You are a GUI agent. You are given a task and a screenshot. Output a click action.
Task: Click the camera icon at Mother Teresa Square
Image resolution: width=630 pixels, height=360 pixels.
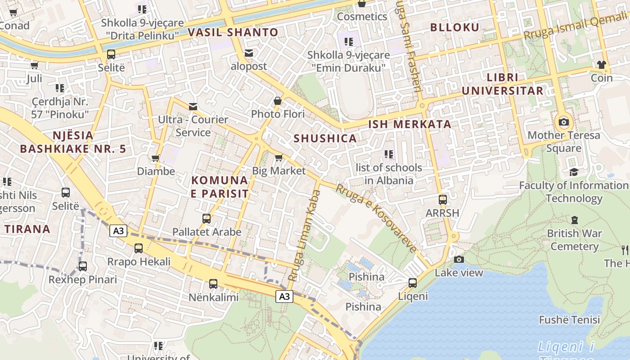[563, 122]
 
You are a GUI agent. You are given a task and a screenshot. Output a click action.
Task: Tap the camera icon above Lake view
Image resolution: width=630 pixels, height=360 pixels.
[459, 259]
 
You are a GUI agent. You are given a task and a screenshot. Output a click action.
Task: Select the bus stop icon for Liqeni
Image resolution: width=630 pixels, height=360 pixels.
[413, 283]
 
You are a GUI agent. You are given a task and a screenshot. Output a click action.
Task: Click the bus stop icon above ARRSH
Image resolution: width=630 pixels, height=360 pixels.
[443, 199]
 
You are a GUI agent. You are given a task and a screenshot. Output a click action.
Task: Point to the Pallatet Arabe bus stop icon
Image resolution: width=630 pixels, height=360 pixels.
[207, 219]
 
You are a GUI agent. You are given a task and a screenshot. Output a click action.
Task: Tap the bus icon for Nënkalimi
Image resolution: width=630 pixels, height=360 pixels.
[213, 284]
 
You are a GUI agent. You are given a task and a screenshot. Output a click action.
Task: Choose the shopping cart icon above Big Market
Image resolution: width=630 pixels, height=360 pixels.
[279, 157]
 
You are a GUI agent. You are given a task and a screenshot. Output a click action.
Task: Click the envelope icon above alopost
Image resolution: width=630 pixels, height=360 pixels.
[248, 53]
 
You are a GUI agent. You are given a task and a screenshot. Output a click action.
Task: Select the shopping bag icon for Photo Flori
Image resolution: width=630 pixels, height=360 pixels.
[278, 101]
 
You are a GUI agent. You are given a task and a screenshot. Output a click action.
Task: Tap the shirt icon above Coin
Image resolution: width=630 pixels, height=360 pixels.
[602, 65]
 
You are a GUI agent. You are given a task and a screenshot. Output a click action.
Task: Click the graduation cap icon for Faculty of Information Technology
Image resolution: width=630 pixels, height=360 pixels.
[574, 172]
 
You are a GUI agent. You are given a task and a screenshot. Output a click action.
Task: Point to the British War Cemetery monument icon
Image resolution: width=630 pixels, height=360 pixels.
[574, 220]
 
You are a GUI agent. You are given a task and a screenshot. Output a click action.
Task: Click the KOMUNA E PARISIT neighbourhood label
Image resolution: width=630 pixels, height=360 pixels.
[220, 187]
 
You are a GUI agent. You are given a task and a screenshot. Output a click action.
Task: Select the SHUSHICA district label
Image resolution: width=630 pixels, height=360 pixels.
[325, 139]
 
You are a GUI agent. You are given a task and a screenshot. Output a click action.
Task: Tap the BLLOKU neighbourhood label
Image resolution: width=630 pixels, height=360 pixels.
[455, 27]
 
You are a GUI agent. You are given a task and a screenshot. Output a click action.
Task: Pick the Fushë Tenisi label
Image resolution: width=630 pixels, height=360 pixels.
[569, 320]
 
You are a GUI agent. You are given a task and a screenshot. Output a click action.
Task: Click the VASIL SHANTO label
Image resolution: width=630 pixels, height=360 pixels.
[233, 32]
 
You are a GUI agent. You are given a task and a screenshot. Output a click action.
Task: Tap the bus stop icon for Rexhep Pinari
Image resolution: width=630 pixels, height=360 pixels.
[83, 266]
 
